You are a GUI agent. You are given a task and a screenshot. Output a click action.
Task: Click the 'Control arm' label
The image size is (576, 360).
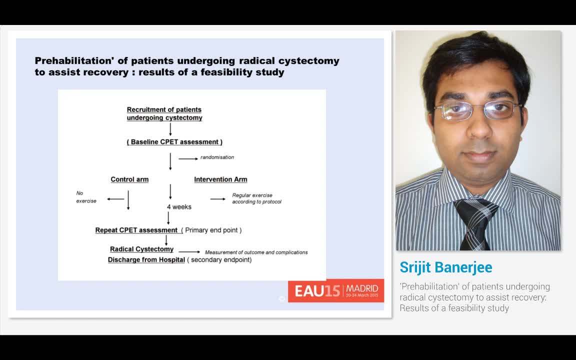tap(129, 179)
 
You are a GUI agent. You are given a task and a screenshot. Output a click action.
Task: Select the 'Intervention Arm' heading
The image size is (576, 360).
tap(220, 179)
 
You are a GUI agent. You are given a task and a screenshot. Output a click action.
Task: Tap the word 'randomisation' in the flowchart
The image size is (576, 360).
tap(217, 157)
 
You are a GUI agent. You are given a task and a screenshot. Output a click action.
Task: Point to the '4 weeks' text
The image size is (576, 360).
tap(179, 206)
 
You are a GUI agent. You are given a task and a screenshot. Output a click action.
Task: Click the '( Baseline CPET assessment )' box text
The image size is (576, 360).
tap(174, 142)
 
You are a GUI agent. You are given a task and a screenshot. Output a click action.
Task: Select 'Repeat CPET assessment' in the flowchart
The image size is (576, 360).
tap(136, 230)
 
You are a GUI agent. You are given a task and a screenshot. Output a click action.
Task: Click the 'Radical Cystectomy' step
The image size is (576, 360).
tap(142, 249)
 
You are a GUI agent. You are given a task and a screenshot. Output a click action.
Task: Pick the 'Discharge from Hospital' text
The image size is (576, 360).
tap(146, 260)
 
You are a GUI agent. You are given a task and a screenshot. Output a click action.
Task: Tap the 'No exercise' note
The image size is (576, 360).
tap(85, 197)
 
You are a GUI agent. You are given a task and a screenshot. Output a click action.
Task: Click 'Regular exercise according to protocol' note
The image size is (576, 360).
tap(256, 198)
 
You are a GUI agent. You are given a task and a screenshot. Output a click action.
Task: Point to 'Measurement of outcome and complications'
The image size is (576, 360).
tap(256, 252)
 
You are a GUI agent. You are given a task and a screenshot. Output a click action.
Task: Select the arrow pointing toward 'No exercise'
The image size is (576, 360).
tap(115, 199)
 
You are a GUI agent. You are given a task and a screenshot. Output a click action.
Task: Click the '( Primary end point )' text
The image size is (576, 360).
tap(211, 230)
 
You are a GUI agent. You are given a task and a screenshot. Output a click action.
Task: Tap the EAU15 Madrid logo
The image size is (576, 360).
tap(336, 290)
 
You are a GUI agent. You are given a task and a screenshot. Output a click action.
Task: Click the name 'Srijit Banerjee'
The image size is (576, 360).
tap(445, 267)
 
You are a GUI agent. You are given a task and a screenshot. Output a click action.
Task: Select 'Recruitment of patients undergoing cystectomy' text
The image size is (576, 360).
tap(164, 114)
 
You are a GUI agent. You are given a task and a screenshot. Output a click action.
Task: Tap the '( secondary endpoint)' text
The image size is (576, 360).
tap(219, 260)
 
